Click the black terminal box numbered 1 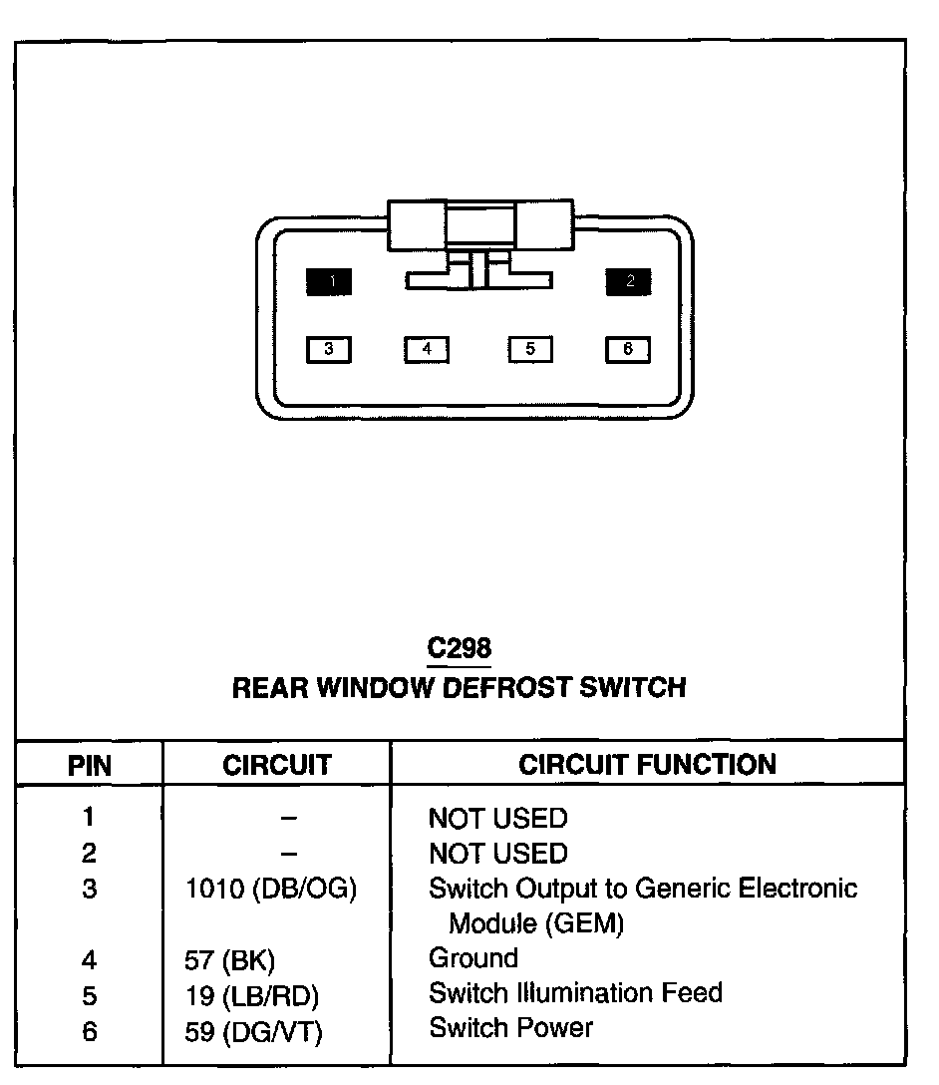coord(329,282)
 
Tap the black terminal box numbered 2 coord(629,282)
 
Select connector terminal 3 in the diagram coord(329,349)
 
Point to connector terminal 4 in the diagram coord(427,349)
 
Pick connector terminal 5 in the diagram coord(530,349)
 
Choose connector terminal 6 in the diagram coord(628,349)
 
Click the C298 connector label coord(459,649)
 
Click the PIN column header coord(89,766)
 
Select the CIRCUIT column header coord(276,766)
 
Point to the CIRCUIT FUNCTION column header coord(647,765)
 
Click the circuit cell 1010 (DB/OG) coord(271,890)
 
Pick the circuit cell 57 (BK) coord(230,960)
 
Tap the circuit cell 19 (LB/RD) coord(253,995)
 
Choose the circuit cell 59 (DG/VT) coord(254,1031)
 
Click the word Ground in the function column coord(473,958)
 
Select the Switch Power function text coord(510,1027)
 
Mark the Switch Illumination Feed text coord(575,993)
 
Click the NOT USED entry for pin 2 coord(497,854)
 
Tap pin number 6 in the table coord(90,1031)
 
